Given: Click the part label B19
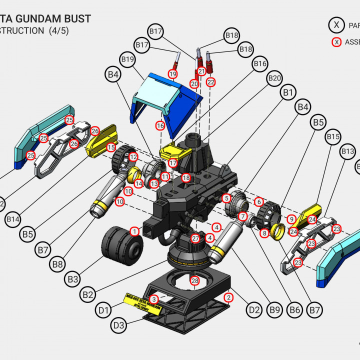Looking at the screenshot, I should (128, 60).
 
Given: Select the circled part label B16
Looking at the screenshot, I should (260, 64).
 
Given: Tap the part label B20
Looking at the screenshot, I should (274, 78).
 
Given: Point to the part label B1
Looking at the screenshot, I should (288, 92).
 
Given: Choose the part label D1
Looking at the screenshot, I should (103, 310).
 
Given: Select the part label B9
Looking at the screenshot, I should (274, 310).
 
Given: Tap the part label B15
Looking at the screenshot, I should (333, 136).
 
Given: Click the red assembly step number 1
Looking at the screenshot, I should (134, 231).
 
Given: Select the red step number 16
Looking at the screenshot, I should (160, 125).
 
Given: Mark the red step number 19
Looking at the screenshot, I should (173, 74).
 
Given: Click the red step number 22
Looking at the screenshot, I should (210, 81).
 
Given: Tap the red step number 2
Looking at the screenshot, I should (229, 298).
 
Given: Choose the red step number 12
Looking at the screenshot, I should (133, 157).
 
